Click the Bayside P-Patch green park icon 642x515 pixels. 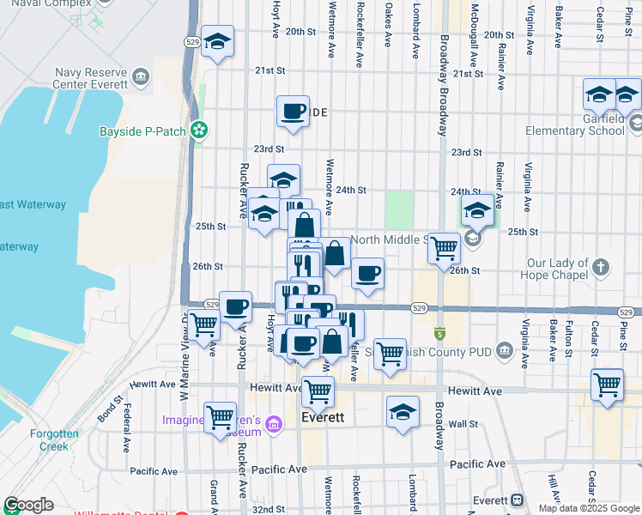point(199,130)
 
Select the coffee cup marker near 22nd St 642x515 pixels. point(294,112)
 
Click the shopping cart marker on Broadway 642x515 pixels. point(444,249)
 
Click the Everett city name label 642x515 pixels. point(324,418)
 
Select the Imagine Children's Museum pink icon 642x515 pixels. point(275,422)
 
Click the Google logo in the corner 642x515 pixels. point(28,505)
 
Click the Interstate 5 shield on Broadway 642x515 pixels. point(439,332)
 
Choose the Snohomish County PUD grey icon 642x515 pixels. point(504,350)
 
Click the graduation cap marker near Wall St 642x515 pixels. point(403,412)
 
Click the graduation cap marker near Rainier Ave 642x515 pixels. point(477,209)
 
